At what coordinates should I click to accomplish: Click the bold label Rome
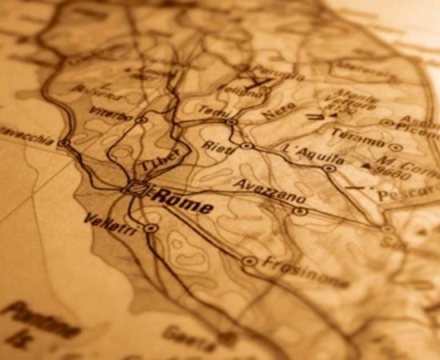pyautogui.click(x=183, y=201)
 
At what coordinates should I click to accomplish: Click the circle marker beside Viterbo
pyautogui.click(x=142, y=120)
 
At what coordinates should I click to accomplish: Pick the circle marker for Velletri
pyautogui.click(x=150, y=227)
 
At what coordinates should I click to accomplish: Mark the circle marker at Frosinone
pyautogui.click(x=249, y=261)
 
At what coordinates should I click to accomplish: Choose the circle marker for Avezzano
pyautogui.click(x=299, y=211)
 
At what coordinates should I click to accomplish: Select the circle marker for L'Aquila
pyautogui.click(x=329, y=168)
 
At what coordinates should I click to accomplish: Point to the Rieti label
pyautogui.click(x=218, y=148)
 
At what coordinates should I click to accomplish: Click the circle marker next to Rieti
pyautogui.click(x=246, y=146)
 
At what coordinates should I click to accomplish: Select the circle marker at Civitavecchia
pyautogui.click(x=65, y=144)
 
